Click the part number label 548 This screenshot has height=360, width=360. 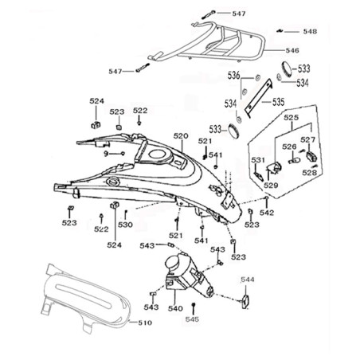click(310, 32)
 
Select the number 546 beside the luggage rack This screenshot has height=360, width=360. click(292, 50)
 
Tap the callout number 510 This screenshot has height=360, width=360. click(145, 323)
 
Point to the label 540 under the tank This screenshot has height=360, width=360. click(175, 308)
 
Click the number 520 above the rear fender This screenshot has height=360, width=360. click(181, 136)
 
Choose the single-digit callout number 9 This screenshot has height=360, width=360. click(106, 154)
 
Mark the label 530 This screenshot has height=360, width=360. click(125, 225)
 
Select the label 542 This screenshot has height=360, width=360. click(267, 213)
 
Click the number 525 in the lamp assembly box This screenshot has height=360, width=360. click(291, 117)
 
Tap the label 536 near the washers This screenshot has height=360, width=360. click(233, 76)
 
